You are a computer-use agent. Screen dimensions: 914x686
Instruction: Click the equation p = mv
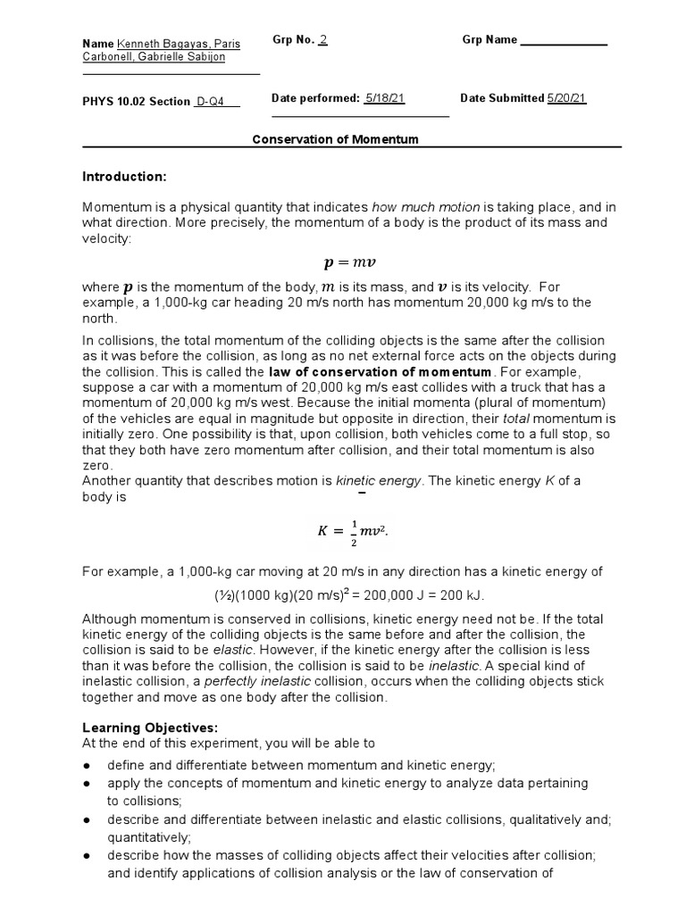click(x=337, y=263)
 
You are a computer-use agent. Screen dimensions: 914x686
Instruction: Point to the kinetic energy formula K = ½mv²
click(x=353, y=531)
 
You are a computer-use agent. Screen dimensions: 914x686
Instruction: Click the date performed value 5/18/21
click(x=385, y=98)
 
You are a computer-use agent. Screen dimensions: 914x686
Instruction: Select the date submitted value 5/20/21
click(x=566, y=98)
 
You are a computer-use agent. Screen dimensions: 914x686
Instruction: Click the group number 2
click(x=323, y=40)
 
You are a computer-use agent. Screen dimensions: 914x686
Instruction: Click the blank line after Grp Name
click(x=564, y=41)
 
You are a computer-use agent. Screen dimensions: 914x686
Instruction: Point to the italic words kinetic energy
click(x=377, y=480)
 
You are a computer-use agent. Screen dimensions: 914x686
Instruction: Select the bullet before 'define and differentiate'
click(x=88, y=766)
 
